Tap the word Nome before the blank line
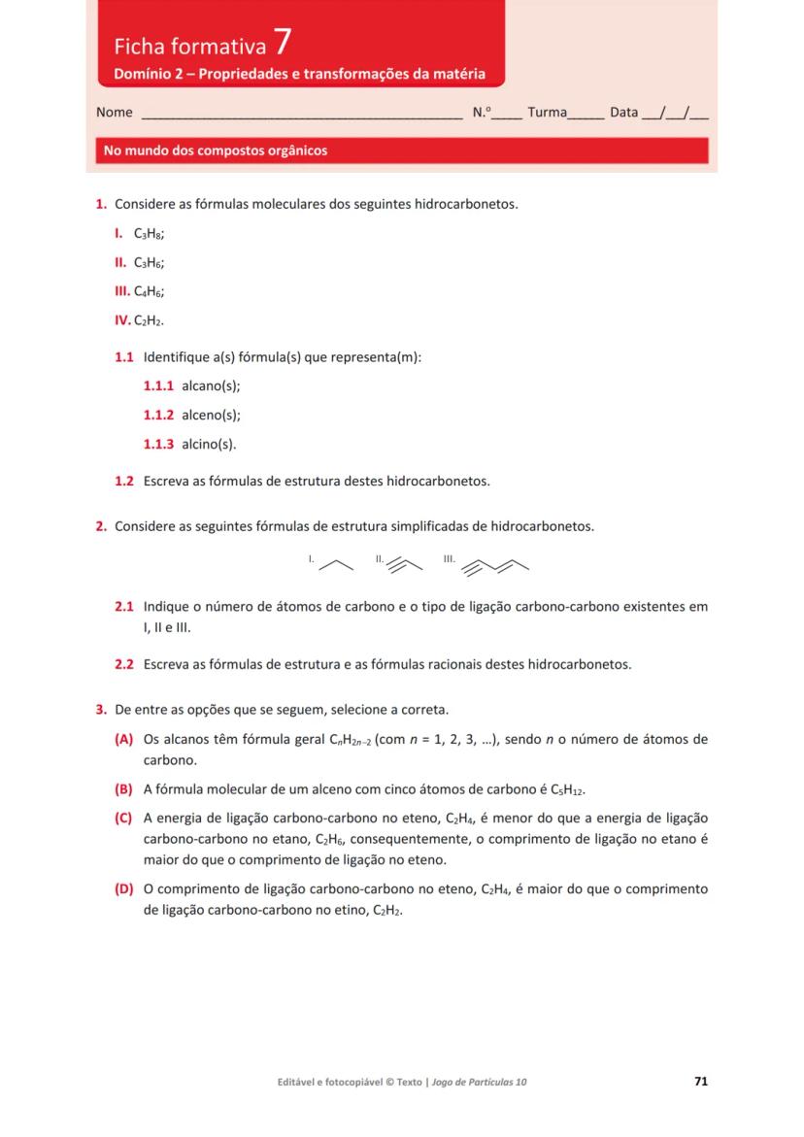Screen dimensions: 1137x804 coord(115,113)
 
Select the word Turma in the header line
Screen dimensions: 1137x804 coord(547,113)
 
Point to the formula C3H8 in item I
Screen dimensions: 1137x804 coord(149,234)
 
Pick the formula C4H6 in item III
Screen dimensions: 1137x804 coord(149,291)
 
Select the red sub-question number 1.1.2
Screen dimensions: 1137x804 coord(158,415)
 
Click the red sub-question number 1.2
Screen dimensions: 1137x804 coord(124,481)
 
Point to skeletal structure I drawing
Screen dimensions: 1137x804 coord(336,563)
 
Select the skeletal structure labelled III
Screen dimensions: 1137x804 coord(497,564)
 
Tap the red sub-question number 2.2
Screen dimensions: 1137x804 coord(124,665)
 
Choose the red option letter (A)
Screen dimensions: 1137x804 coord(123,739)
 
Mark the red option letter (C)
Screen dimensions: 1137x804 coord(123,819)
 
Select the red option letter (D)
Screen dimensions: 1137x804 coord(123,888)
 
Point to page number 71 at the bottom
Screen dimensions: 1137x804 coord(701,1081)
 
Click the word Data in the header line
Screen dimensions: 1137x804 coord(623,113)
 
